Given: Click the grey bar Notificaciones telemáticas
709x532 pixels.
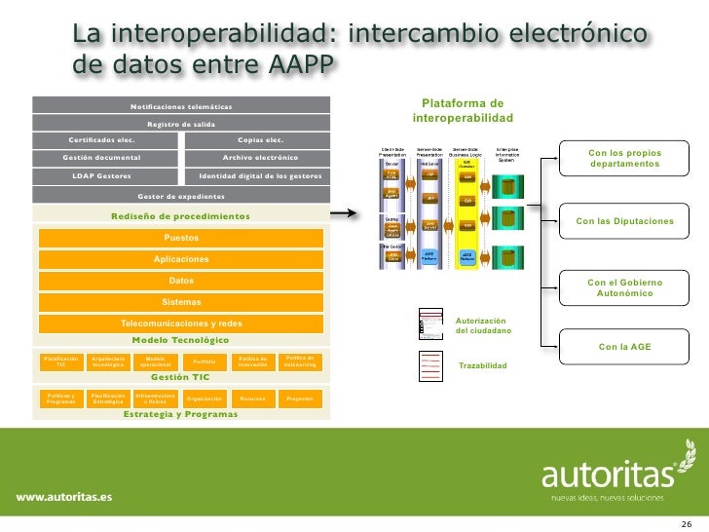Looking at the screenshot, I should point(182,105).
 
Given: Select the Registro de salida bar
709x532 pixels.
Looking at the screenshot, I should point(182,124).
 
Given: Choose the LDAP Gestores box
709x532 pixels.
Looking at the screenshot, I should point(101,176).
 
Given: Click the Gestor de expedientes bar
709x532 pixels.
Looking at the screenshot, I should point(182,195).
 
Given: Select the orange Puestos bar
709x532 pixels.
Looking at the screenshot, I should point(182,238).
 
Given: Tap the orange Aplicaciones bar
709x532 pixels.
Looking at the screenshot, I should point(182,259).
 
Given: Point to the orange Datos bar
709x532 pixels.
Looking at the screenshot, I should point(182,281).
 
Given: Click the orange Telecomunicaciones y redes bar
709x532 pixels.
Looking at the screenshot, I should point(182,323).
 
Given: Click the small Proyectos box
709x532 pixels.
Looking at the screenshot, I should point(300,399).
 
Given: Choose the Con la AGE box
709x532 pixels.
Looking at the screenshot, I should point(624,346).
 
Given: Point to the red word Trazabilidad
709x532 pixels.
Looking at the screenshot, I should point(483,366).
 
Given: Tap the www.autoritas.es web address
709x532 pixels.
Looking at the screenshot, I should point(63,496).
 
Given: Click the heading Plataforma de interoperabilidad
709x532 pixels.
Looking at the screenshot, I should point(463,110).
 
